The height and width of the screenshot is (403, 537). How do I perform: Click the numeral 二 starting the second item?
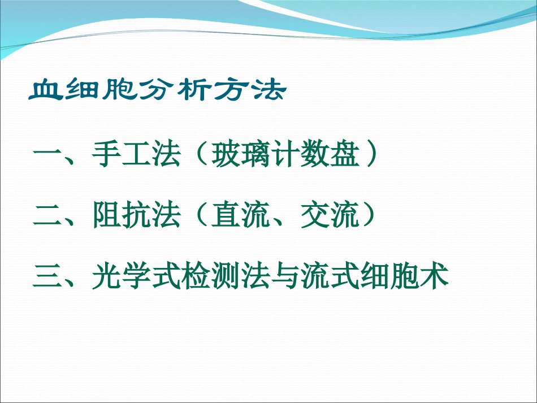[x=47, y=216]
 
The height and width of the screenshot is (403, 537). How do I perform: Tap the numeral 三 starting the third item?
[x=47, y=278]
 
